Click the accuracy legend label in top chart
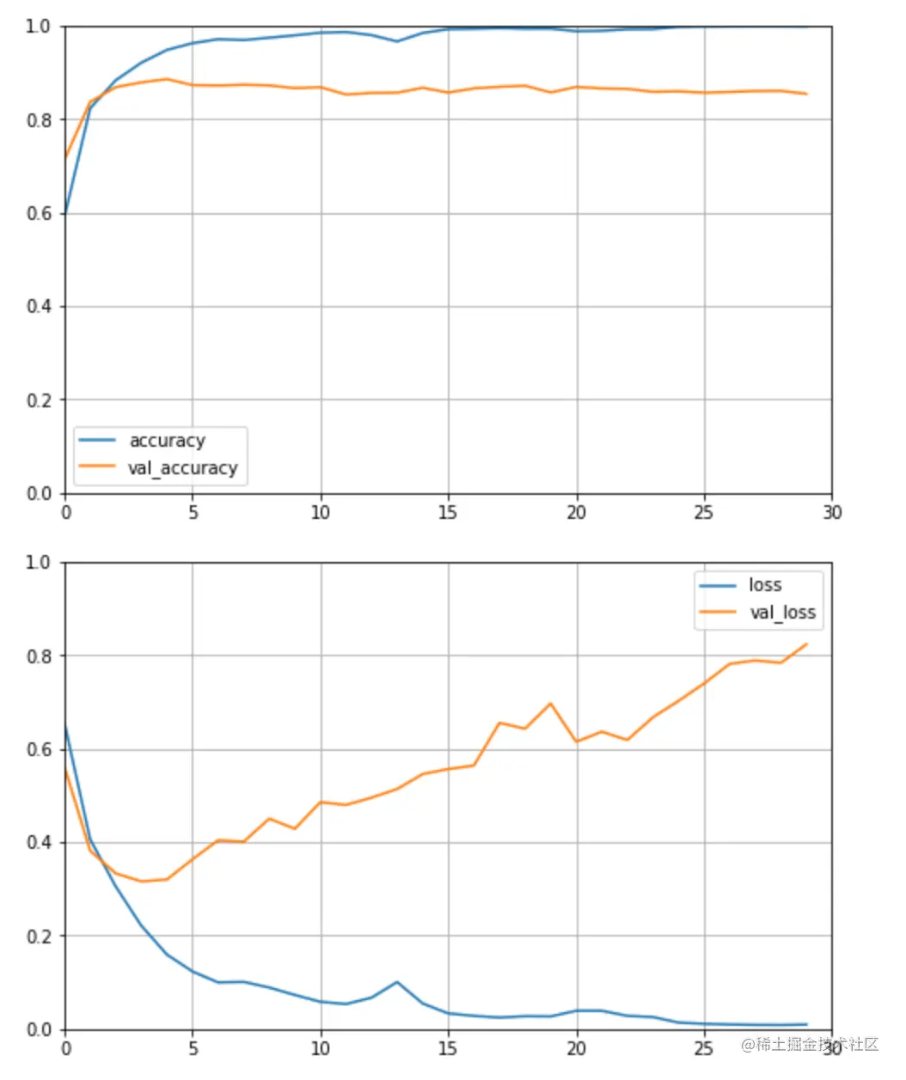pos(167,441)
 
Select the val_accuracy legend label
pos(182,468)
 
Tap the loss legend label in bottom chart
pos(765,585)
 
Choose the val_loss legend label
pos(782,613)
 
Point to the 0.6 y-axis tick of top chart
pos(39,213)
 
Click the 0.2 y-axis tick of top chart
pos(39,400)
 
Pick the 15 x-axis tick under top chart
pos(448,513)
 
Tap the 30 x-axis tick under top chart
pos(831,513)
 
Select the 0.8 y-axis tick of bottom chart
pos(39,656)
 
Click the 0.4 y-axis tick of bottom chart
pos(39,843)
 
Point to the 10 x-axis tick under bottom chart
pos(321,1048)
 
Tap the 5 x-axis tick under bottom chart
pos(193,1048)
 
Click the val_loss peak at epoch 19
pos(550,704)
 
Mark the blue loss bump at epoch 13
pos(397,982)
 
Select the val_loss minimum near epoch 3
pos(142,881)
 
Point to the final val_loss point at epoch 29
pos(806,644)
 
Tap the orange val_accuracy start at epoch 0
pos(66,158)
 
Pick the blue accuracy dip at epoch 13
pos(397,41)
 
